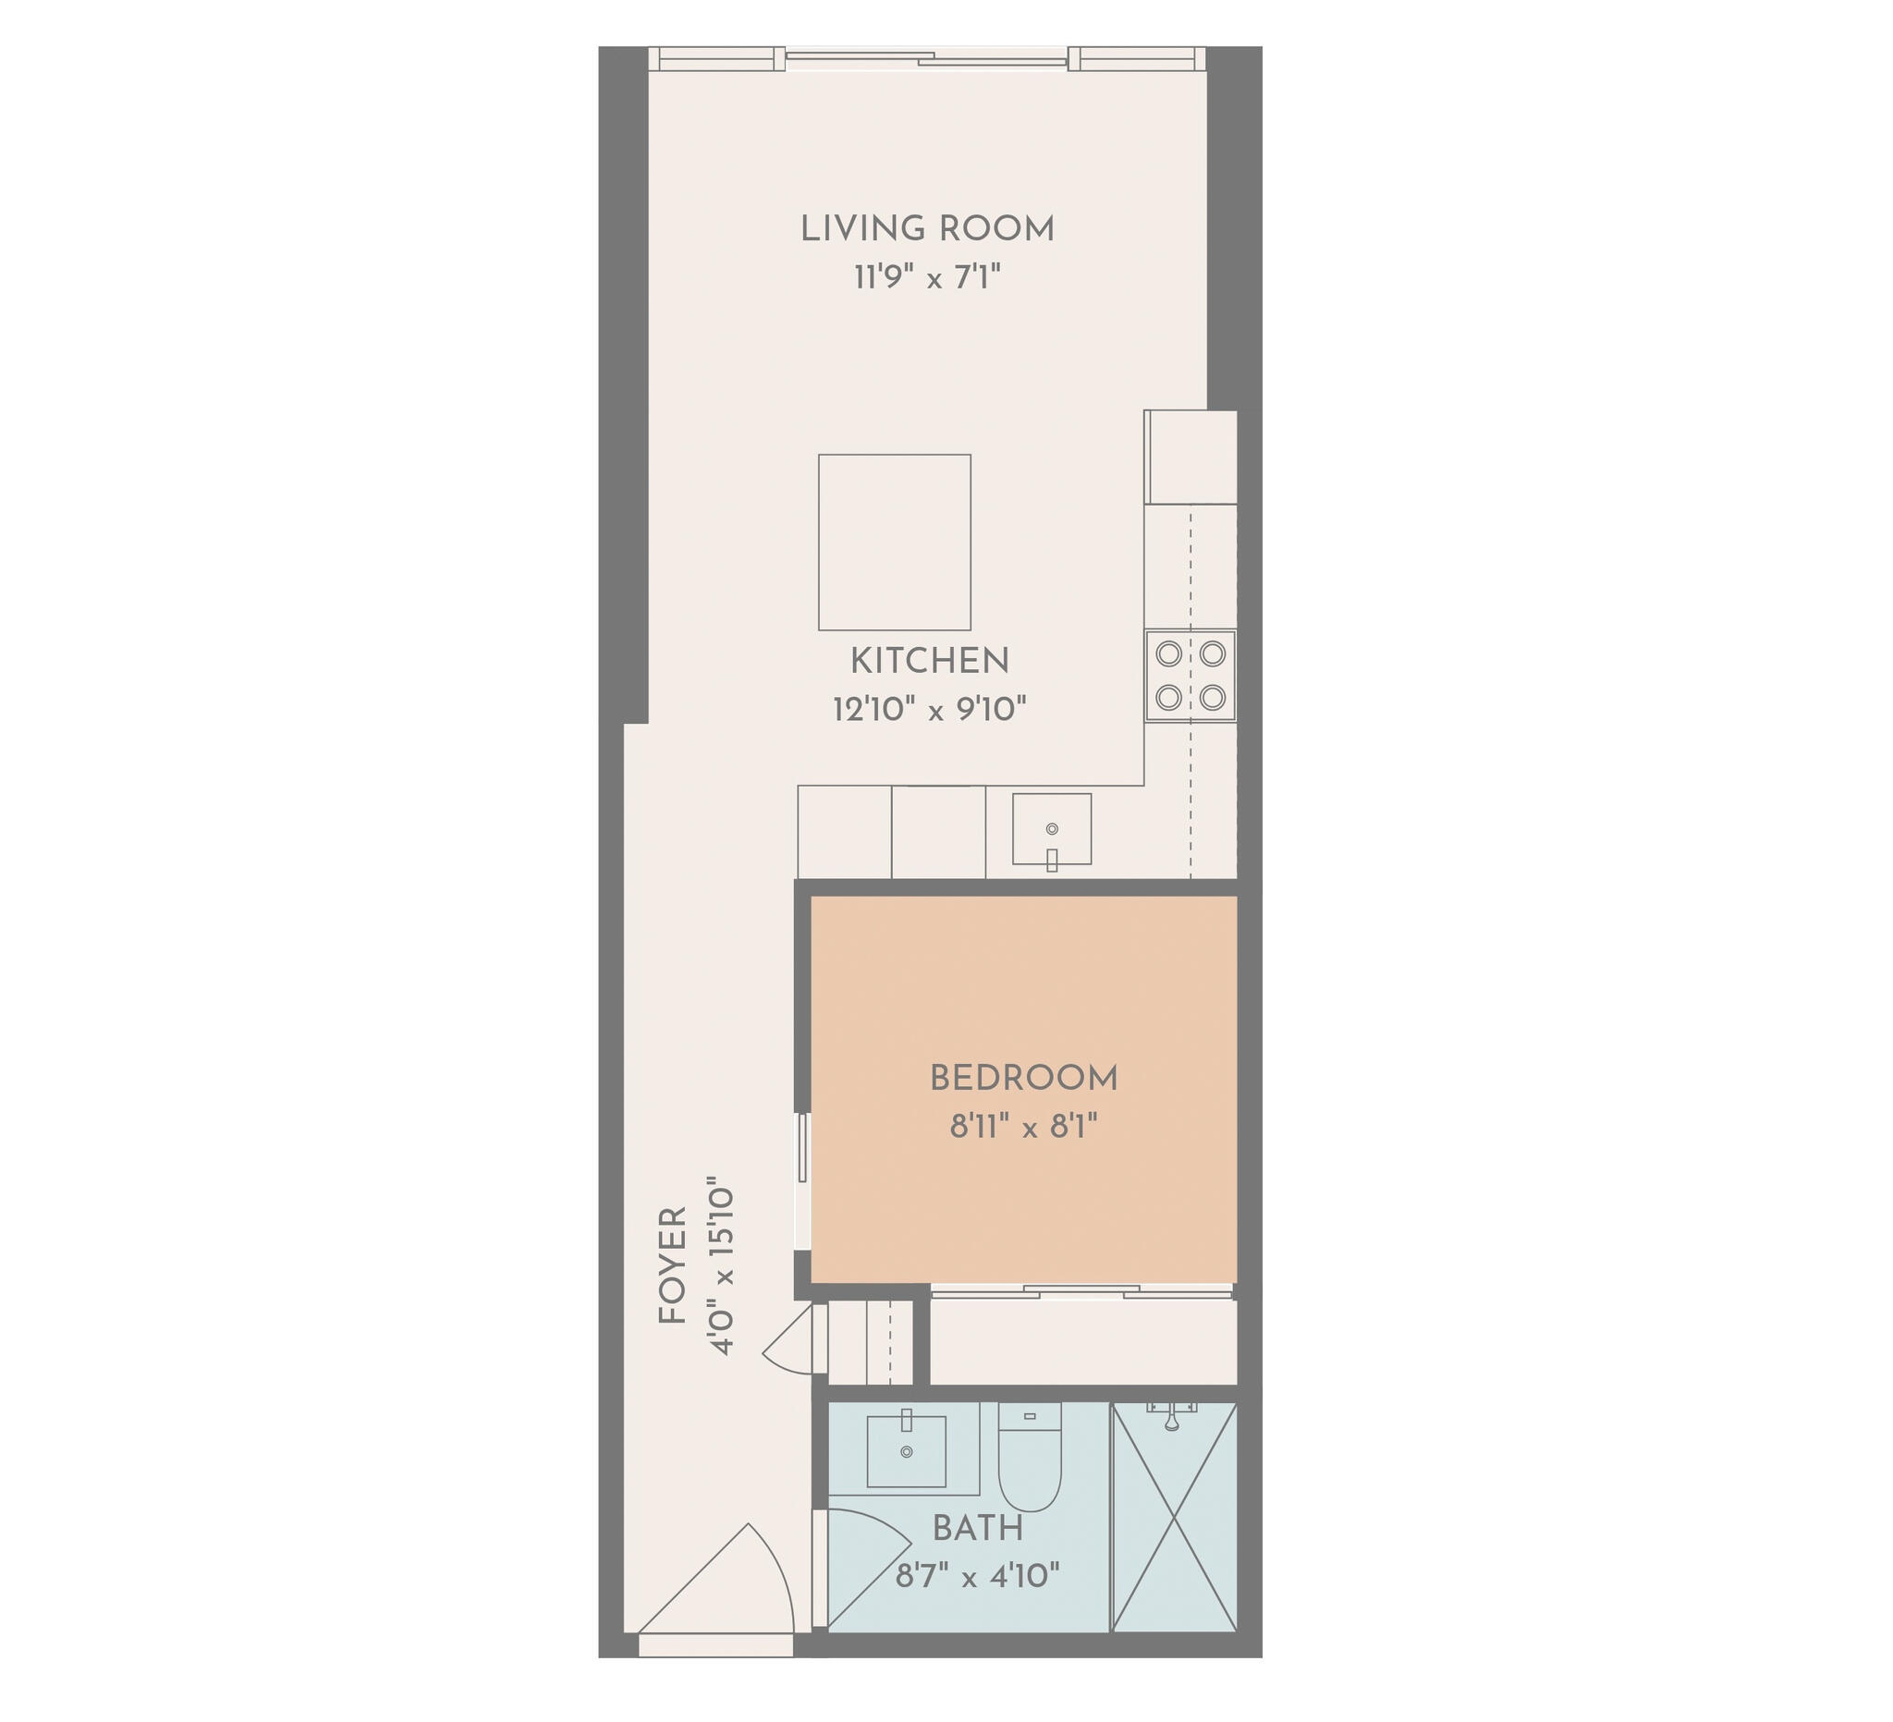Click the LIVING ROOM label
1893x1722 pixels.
coord(927,229)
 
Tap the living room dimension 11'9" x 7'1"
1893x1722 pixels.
coord(927,278)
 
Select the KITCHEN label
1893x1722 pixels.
coord(930,661)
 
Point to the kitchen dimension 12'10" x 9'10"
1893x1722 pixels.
coord(930,709)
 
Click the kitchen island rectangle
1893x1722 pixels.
coord(895,543)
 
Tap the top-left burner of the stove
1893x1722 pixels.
coord(1168,653)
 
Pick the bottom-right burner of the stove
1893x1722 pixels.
coord(1212,697)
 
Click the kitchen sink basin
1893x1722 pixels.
coord(1052,829)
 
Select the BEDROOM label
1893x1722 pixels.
coord(1023,1079)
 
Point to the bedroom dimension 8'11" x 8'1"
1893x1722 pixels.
coord(1023,1126)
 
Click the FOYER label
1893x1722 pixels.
coord(673,1265)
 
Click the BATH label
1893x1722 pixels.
coord(978,1529)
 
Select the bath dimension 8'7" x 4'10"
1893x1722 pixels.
coord(978,1576)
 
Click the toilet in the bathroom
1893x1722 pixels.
coord(1029,1456)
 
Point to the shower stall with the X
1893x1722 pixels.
coord(1175,1517)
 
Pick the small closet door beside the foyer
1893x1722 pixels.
coord(794,1340)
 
